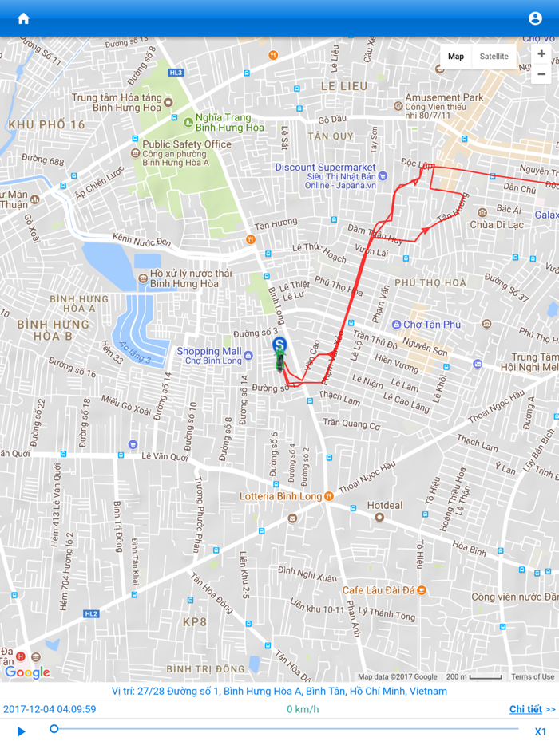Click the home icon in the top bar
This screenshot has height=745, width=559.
point(23,18)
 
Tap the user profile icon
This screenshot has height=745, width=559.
point(535,18)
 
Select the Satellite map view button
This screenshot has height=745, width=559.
point(494,57)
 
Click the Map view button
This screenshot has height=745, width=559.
point(456,57)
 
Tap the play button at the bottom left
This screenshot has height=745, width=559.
point(22,731)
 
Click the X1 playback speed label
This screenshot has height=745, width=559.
point(541,731)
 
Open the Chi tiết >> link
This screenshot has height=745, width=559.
point(532,709)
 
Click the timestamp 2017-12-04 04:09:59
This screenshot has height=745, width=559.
point(50,709)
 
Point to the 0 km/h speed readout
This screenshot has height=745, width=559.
point(303,709)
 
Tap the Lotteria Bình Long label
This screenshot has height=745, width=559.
point(280,496)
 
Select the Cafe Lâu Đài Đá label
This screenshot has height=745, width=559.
point(379,590)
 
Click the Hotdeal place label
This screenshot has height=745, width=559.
point(385,505)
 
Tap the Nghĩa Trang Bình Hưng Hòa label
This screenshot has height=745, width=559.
point(229,122)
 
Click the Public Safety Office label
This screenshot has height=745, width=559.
point(186,144)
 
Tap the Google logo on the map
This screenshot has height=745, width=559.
point(27,672)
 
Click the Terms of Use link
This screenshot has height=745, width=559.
point(532,677)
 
